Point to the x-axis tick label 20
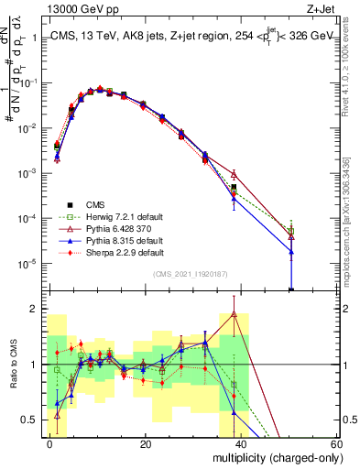[146, 443]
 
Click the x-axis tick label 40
[241, 443]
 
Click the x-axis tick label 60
[336, 443]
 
